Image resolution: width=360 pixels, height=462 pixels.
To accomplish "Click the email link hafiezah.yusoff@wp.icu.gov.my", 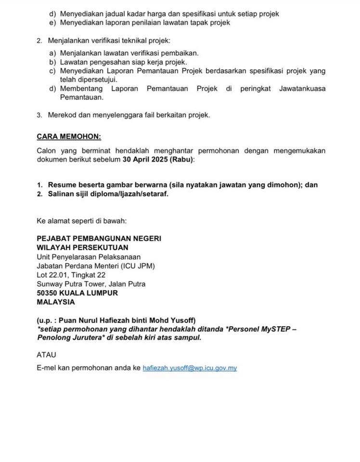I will click(x=190, y=368).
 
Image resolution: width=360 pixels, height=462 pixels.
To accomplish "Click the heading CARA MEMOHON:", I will click(x=68, y=137).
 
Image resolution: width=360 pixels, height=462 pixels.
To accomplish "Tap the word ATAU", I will click(x=47, y=355).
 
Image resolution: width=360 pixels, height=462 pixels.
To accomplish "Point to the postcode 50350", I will click(x=48, y=293).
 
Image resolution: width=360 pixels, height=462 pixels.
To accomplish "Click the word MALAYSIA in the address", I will click(x=56, y=302).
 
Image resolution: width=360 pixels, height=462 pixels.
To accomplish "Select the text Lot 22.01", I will click(x=53, y=275).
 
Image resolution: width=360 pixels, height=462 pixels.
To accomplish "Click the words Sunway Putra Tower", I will click(x=70, y=284).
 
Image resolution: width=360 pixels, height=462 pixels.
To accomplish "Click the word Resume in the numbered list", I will click(x=61, y=185).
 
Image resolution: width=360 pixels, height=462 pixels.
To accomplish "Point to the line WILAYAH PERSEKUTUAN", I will click(x=82, y=247).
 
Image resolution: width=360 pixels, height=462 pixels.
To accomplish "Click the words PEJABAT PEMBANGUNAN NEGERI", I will click(x=99, y=238).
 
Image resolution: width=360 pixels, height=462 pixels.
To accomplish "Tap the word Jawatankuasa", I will click(x=302, y=89).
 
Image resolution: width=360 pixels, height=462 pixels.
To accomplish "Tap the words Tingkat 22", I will click(x=90, y=275).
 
